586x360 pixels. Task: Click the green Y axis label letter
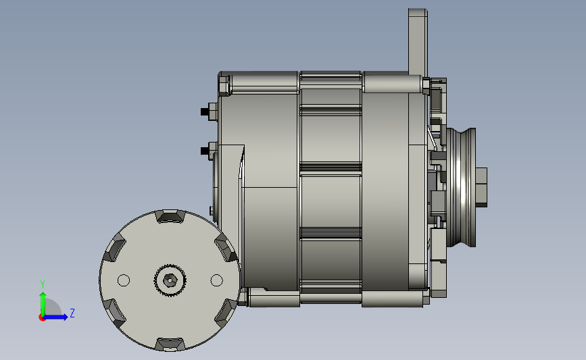pyautogui.click(x=43, y=284)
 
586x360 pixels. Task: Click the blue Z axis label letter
pyautogui.click(x=72, y=313)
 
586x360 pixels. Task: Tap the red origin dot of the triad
pyautogui.click(x=42, y=317)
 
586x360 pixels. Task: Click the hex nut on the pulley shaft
pyautogui.click(x=481, y=187)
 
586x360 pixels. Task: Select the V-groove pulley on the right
pyautogui.click(x=461, y=187)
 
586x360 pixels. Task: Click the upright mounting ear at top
pyautogui.click(x=418, y=42)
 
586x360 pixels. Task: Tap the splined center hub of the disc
pyautogui.click(x=170, y=280)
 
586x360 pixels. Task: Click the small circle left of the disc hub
pyautogui.click(x=124, y=280)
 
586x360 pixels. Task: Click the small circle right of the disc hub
pyautogui.click(x=217, y=280)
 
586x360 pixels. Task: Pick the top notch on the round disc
pyautogui.click(x=170, y=216)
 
